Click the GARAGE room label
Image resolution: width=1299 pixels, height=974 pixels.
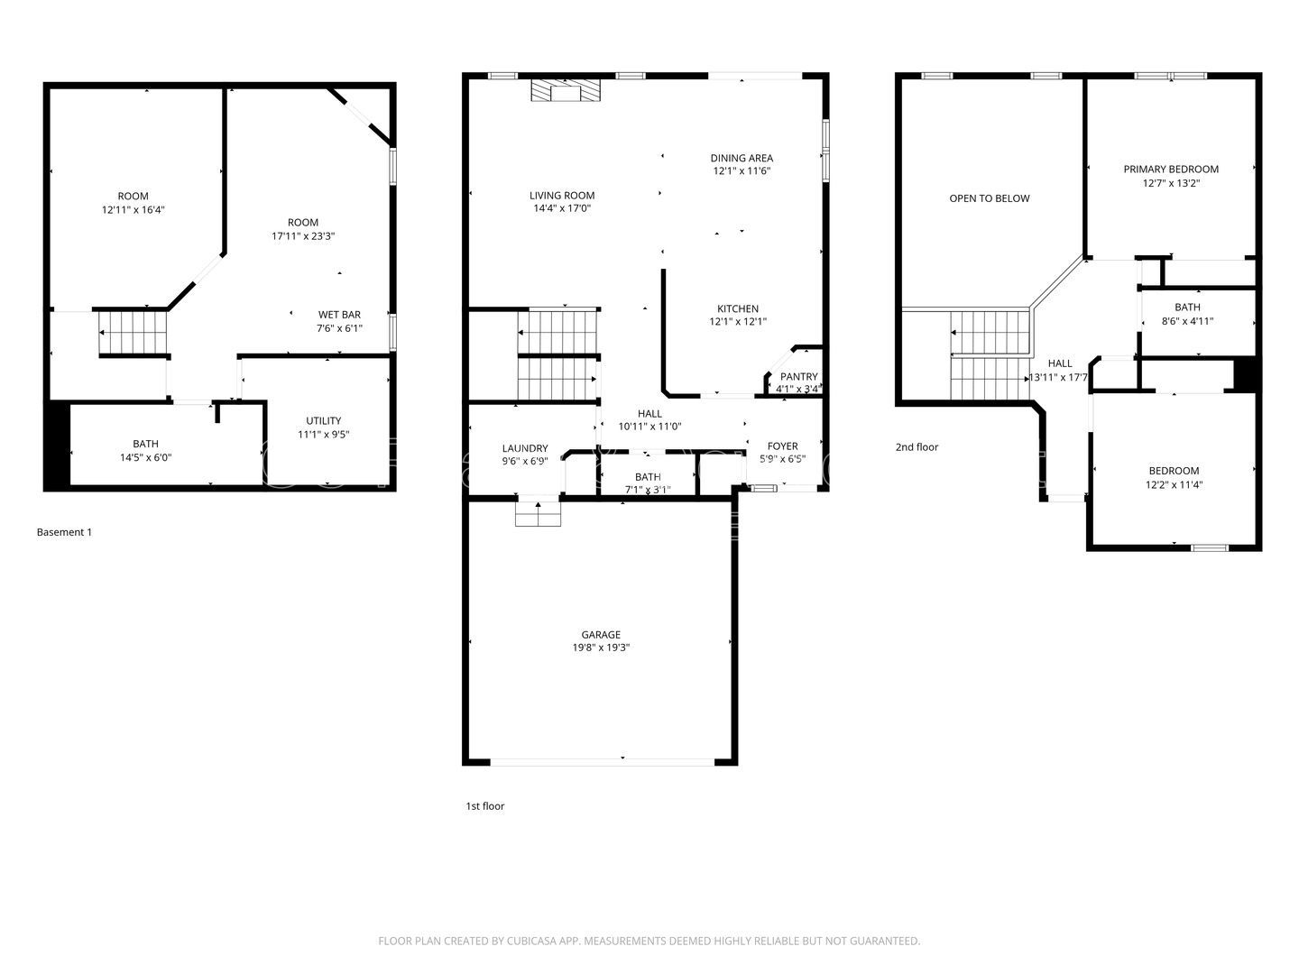point(600,634)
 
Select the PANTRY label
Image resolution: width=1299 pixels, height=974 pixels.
point(798,377)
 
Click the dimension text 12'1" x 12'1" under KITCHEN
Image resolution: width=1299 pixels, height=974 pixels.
point(738,322)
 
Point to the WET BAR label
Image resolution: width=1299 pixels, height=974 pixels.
point(339,315)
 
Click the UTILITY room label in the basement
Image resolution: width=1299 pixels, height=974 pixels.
point(323,420)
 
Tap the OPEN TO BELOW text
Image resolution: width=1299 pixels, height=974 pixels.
point(989,198)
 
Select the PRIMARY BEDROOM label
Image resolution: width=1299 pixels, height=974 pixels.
point(1170,170)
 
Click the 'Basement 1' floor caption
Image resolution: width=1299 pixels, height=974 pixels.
point(64,532)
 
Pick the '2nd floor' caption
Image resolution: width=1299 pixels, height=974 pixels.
point(917,446)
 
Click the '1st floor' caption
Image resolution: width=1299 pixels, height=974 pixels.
point(484,806)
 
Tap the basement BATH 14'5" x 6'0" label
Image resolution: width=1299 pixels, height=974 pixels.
point(145,444)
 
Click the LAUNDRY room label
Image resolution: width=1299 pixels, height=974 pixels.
point(524,448)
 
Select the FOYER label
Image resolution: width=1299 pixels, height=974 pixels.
point(782,446)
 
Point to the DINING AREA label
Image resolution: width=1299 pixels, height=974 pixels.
point(742,158)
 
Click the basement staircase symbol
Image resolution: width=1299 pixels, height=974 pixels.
point(134,332)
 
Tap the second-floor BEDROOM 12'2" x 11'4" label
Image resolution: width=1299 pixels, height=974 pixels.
point(1174,471)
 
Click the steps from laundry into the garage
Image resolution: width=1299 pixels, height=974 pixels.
point(538,514)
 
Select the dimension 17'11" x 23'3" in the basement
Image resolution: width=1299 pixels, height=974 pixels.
point(303,236)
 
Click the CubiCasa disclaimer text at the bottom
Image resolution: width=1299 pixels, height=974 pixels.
point(649,941)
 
